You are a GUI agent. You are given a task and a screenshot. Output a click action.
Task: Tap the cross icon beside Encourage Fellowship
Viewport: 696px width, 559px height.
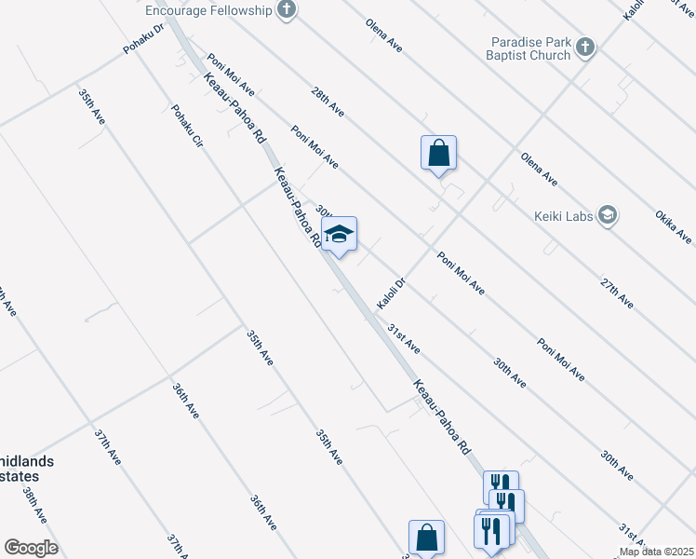coord(287,10)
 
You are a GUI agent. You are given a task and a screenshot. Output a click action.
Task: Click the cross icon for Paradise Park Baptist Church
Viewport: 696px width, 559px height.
coord(585,48)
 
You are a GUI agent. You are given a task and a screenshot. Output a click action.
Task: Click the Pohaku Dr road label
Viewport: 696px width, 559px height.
coord(144,37)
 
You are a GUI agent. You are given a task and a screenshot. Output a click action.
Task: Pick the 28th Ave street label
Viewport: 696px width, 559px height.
coord(328,102)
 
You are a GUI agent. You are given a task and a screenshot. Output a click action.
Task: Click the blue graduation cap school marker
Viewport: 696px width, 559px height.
coord(339,236)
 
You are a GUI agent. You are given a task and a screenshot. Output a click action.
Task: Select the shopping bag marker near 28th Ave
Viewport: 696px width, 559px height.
coord(439,153)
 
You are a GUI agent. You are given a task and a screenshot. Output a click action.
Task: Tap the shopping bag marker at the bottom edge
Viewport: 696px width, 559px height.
coord(426,538)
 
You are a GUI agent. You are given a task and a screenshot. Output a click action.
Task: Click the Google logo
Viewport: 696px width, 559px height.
coord(31,548)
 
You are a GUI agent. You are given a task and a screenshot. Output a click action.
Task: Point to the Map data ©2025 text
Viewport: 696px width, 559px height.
coord(655,552)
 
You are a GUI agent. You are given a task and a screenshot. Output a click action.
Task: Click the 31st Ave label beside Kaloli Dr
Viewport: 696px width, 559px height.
coord(404,339)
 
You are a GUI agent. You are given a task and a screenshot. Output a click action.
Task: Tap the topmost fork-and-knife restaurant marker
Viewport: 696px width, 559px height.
coord(501,486)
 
